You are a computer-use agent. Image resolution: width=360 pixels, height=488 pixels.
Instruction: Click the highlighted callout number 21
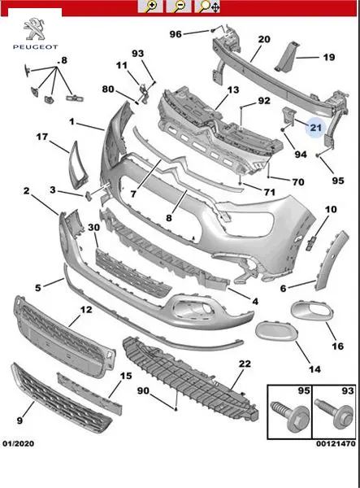tap(315, 128)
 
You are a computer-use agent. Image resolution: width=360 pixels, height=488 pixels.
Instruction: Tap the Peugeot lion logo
tap(34, 29)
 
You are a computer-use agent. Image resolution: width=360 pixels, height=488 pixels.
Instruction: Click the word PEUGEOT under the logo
tap(35, 47)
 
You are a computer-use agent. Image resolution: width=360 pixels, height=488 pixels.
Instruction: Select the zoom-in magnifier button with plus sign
tap(150, 7)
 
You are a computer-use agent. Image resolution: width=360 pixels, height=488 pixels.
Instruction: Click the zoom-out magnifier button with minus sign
tap(179, 7)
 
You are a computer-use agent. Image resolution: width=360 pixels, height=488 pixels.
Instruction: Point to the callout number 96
tap(176, 34)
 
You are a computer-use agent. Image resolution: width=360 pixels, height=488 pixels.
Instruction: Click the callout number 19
tap(328, 57)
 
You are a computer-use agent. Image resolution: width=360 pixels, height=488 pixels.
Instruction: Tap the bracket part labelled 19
tap(287, 56)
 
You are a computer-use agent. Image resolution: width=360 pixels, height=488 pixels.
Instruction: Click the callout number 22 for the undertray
tap(245, 364)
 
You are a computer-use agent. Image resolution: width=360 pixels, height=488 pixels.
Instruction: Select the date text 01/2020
tap(19, 443)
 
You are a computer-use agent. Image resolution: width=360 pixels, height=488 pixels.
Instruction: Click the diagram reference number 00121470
tap(336, 443)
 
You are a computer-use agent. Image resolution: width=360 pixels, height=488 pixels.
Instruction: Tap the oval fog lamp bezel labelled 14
tap(275, 332)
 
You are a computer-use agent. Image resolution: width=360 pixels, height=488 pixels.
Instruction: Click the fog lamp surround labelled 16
tap(312, 311)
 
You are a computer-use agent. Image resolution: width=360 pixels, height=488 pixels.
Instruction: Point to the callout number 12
tap(86, 310)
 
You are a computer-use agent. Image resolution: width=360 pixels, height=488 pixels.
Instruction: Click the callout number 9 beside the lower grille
tap(20, 420)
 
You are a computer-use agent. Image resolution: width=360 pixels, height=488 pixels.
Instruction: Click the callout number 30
tap(93, 228)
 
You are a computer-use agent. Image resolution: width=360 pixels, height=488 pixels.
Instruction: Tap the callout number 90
tap(143, 390)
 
